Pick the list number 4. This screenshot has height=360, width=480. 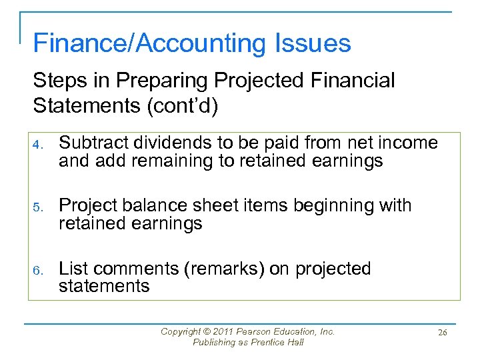point(39,144)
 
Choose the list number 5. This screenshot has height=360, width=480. point(39,207)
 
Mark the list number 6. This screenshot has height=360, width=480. point(39,270)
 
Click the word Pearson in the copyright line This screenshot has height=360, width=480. point(257,331)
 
